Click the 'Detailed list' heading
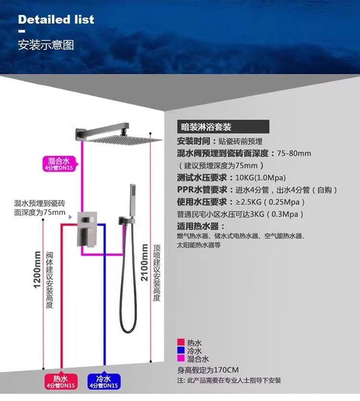pyautogui.click(x=56, y=20)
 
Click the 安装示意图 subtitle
pyautogui.click(x=46, y=46)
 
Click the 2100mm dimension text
pyautogui.click(x=144, y=263)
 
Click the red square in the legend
pyautogui.click(x=181, y=342)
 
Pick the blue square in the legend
pyautogui.click(x=181, y=351)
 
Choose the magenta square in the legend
pyautogui.click(x=181, y=359)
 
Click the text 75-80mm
pyautogui.click(x=294, y=153)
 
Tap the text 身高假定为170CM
pyautogui.click(x=208, y=370)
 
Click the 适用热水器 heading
pyautogui.click(x=201, y=226)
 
